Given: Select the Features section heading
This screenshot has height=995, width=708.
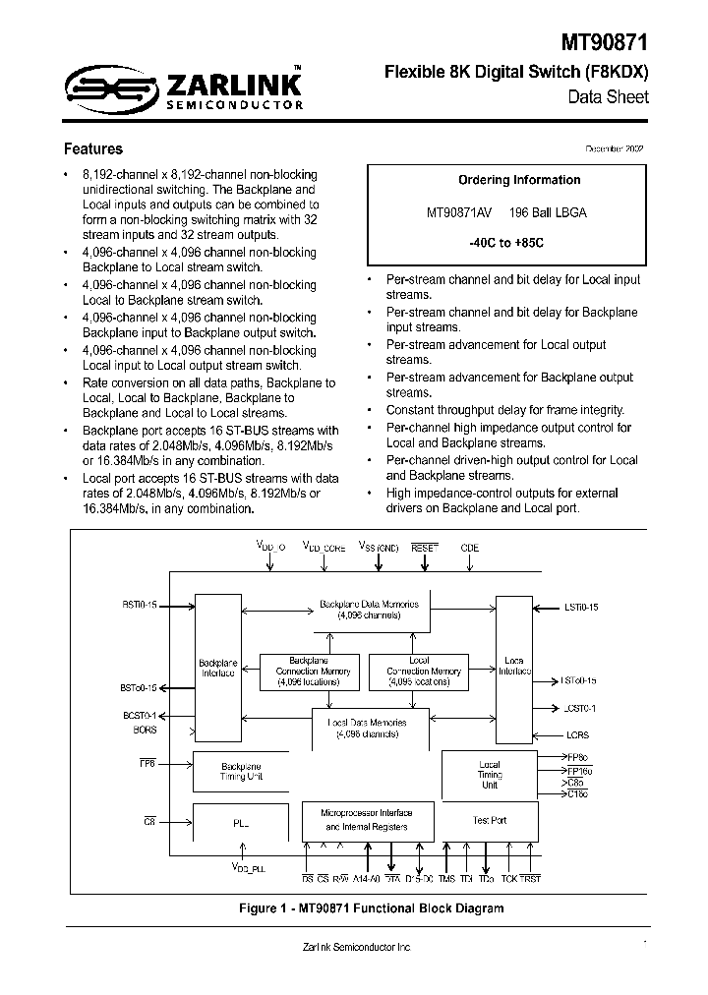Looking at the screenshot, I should (x=93, y=149).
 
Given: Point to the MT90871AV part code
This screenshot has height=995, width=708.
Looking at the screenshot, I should (x=460, y=212).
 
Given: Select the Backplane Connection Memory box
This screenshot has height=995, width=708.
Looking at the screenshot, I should (x=301, y=672).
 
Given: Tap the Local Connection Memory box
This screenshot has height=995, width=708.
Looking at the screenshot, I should (x=420, y=672).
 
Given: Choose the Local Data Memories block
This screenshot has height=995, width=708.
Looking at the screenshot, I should (x=371, y=728).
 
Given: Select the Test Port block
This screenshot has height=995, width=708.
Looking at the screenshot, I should (x=489, y=820).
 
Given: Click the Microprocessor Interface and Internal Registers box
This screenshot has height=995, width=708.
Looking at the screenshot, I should (x=367, y=821).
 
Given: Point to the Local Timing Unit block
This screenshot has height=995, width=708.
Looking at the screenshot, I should (x=489, y=774).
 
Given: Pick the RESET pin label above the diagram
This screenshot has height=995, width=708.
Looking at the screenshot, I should (x=424, y=547).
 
